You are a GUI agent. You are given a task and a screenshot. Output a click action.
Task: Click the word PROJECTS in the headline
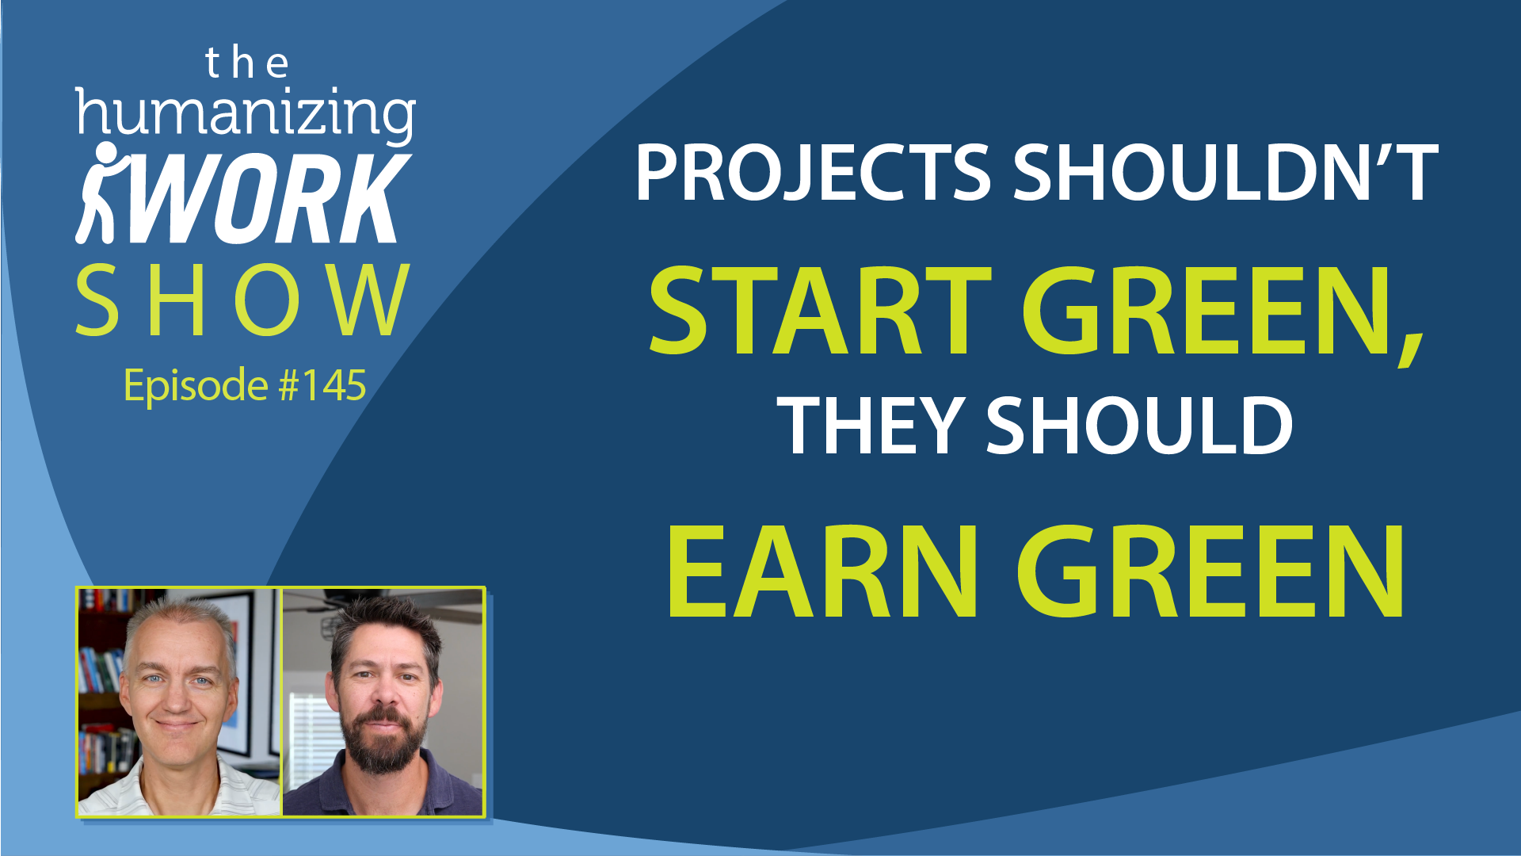tap(813, 172)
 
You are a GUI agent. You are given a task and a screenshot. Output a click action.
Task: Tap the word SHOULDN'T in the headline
tap(1226, 172)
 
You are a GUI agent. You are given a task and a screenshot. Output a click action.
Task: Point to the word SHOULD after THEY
tap(1139, 426)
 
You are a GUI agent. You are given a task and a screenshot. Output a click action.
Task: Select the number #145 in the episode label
tap(322, 385)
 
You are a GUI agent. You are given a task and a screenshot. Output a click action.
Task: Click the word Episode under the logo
tap(196, 387)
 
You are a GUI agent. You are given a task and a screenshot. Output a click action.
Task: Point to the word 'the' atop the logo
tap(246, 63)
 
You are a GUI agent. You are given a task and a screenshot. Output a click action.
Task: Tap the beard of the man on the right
tap(385, 737)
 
